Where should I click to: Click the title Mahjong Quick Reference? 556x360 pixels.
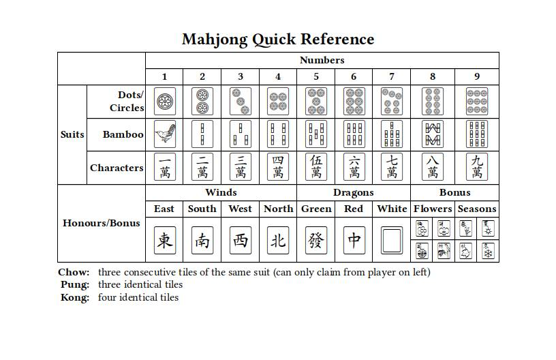pyautogui.click(x=278, y=40)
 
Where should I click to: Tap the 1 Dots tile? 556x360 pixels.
pyautogui.click(x=164, y=102)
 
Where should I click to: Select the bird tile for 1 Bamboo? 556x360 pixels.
pyautogui.click(x=164, y=134)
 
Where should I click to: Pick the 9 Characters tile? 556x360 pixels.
pyautogui.click(x=476, y=167)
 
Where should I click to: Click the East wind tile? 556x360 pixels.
pyautogui.click(x=164, y=240)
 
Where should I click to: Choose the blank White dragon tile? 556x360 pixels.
pyautogui.click(x=392, y=240)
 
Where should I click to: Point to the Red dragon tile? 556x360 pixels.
pyautogui.click(x=354, y=240)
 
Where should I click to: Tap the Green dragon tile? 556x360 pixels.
pyautogui.click(x=316, y=240)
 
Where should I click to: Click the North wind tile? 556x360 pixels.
pyautogui.click(x=278, y=240)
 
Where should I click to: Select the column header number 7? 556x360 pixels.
pyautogui.click(x=392, y=76)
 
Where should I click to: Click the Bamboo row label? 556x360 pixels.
pyautogui.click(x=123, y=134)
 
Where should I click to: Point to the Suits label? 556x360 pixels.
pyautogui.click(x=72, y=134)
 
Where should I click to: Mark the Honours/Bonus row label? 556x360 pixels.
pyautogui.click(x=102, y=223)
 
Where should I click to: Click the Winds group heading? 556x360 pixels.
pyautogui.click(x=221, y=192)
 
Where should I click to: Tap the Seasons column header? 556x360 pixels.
pyautogui.click(x=477, y=209)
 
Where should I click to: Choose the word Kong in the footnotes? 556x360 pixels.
pyautogui.click(x=74, y=297)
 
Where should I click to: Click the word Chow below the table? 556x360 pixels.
pyautogui.click(x=74, y=272)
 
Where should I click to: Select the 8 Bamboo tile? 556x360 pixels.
pyautogui.click(x=433, y=134)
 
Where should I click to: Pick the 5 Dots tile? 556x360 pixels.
pyautogui.click(x=316, y=102)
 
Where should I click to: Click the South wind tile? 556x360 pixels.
pyautogui.click(x=202, y=240)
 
